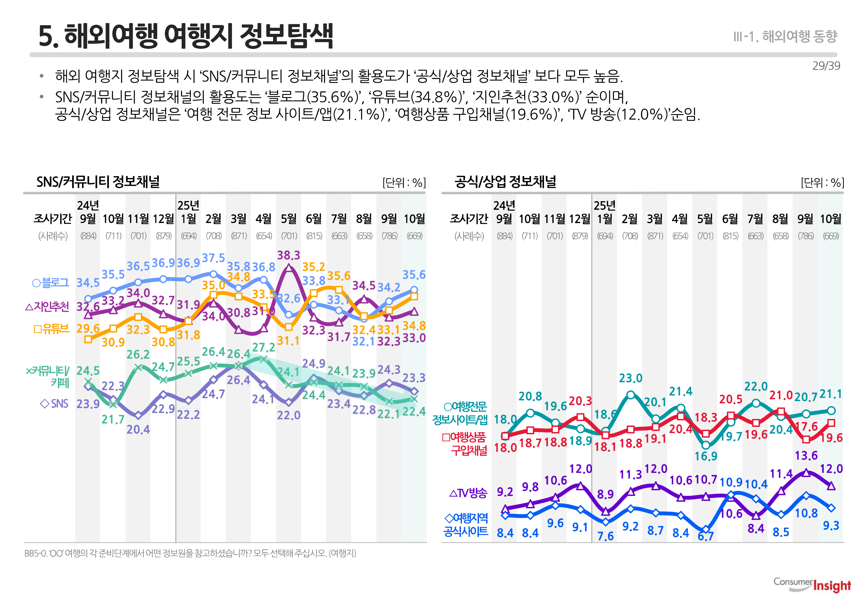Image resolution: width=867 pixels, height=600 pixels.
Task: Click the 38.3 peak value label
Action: (x=288, y=255)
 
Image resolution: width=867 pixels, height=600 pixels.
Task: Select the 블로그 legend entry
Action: (x=51, y=283)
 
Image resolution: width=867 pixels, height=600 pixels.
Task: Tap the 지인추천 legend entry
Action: (x=47, y=307)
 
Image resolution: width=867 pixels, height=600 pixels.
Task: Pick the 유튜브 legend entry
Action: (x=52, y=329)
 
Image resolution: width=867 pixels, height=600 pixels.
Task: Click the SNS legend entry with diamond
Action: (x=54, y=404)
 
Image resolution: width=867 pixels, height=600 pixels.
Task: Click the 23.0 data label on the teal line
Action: (x=630, y=378)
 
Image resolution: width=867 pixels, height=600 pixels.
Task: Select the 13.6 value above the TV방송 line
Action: (x=806, y=456)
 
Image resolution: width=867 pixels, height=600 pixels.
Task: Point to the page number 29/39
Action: (x=826, y=66)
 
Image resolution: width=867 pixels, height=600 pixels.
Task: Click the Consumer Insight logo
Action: (x=812, y=585)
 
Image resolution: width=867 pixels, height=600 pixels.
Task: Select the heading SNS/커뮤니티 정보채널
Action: (x=98, y=182)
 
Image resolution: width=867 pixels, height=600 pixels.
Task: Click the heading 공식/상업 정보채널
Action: (x=505, y=182)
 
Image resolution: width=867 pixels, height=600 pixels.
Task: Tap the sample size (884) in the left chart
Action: (x=88, y=236)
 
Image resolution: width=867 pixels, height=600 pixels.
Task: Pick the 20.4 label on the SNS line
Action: (x=138, y=429)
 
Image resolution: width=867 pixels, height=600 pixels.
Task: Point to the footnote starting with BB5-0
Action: (x=190, y=553)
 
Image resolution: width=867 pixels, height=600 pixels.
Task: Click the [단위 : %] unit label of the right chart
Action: (x=822, y=183)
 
